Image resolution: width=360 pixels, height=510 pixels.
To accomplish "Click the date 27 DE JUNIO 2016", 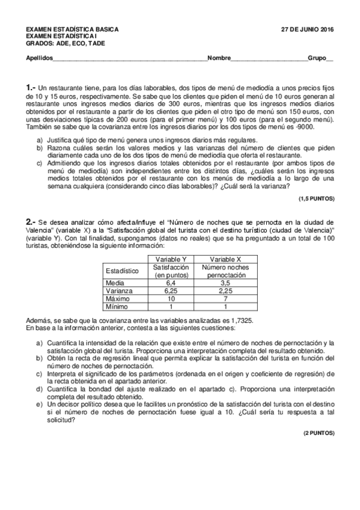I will pyautogui.click(x=308, y=29).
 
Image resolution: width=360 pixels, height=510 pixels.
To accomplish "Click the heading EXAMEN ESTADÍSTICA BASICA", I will pyautogui.click(x=72, y=29).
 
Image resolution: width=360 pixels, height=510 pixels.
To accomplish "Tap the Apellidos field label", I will pyautogui.click(x=39, y=58).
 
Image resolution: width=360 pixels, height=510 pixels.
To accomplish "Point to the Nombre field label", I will pyautogui.click(x=219, y=58).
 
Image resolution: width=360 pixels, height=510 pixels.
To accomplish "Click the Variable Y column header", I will pyautogui.click(x=171, y=259).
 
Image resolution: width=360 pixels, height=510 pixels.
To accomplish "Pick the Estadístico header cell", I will pyautogui.click(x=121, y=271).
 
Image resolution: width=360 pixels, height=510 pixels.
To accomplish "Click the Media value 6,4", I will pyautogui.click(x=171, y=282).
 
